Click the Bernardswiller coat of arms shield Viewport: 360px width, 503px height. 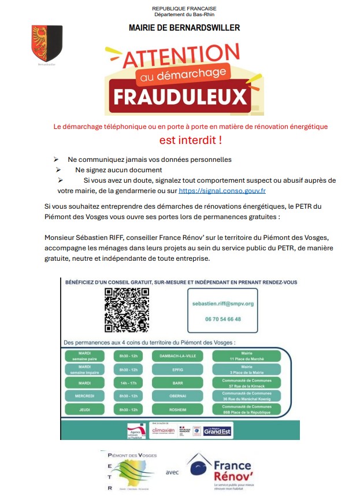pos(47,43)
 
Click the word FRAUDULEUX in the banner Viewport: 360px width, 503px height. pos(179,97)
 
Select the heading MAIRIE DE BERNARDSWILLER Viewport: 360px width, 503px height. pos(184,27)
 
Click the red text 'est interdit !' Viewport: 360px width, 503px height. pos(191,140)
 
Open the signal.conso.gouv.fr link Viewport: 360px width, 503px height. pos(222,190)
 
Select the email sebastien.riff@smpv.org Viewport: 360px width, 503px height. pos(222,304)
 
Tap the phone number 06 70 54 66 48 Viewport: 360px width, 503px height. pos(222,319)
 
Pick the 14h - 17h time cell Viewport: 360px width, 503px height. pos(128,383)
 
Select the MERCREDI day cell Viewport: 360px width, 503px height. pos(85,396)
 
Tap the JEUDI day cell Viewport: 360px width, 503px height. pos(85,409)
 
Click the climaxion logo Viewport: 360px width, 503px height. pos(163,431)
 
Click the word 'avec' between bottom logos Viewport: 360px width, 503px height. pos(172,472)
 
